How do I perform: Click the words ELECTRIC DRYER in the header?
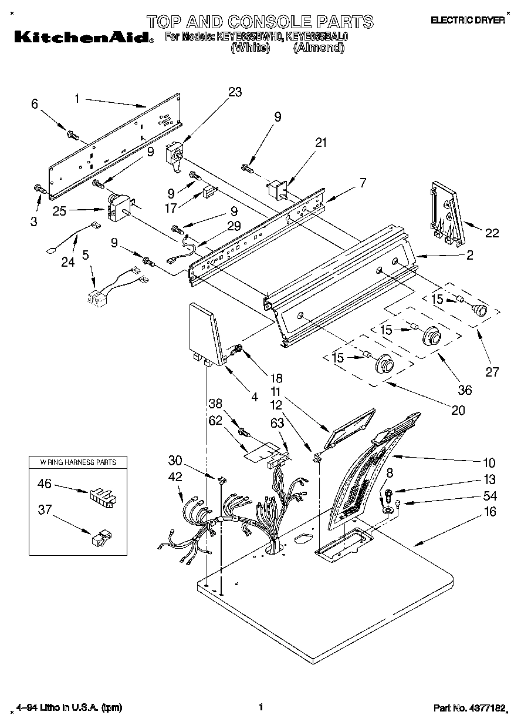point(468,21)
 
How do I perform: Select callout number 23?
point(235,92)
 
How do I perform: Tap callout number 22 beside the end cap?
point(492,233)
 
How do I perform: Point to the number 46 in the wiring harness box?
point(45,484)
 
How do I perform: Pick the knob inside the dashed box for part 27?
point(480,310)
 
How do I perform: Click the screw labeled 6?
point(73,135)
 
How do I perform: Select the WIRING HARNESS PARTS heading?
point(78,462)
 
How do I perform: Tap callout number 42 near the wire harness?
point(176,477)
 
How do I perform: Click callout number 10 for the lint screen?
point(489,462)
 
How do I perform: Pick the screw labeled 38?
point(243,434)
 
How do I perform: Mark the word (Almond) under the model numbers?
point(318,48)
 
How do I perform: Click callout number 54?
point(489,495)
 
